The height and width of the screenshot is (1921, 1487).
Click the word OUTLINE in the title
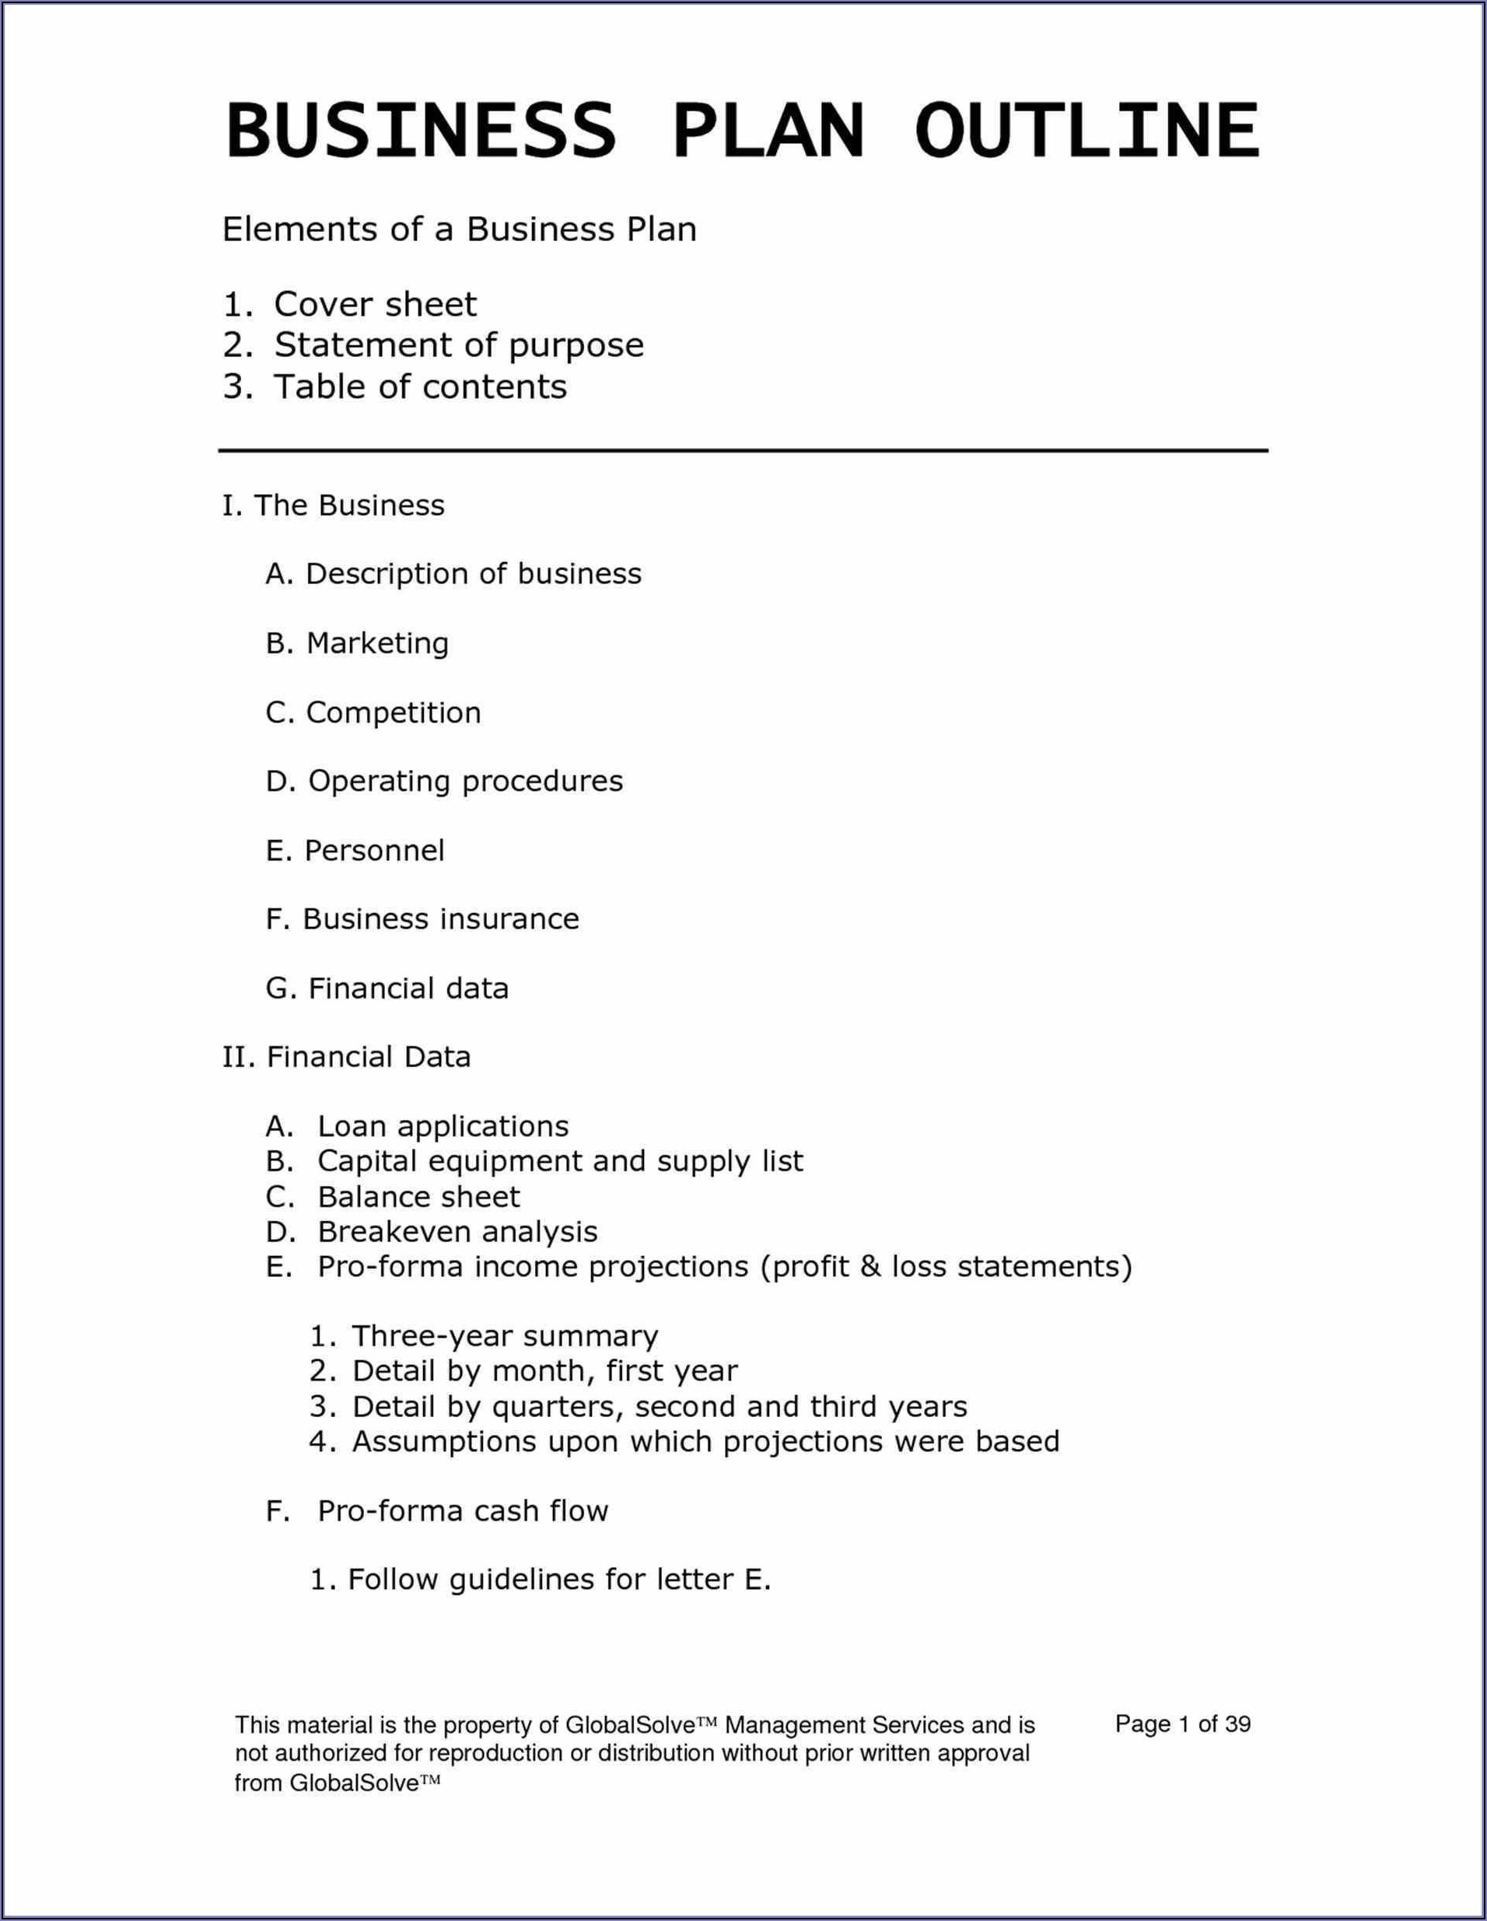tap(1087, 130)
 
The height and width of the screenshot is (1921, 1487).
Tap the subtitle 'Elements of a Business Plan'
tap(459, 229)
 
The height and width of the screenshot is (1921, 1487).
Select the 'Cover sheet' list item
tap(375, 304)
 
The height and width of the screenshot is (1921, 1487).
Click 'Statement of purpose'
tap(458, 345)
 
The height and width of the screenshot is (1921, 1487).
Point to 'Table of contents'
tap(420, 386)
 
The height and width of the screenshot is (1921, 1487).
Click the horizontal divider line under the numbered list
tap(743, 451)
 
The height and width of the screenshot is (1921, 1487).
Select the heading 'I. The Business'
tap(334, 506)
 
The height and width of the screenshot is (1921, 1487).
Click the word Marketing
tap(377, 644)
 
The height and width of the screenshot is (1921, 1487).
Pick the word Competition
tap(393, 712)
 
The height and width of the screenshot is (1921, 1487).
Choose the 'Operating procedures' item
tap(465, 781)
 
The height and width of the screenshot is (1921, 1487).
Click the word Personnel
tap(375, 851)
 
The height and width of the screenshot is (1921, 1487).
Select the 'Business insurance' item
tap(440, 919)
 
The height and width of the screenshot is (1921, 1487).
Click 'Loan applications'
tap(443, 1126)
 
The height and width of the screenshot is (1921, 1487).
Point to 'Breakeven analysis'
tap(457, 1231)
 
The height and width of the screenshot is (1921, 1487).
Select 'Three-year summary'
tap(505, 1336)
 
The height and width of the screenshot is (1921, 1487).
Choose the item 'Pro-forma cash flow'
tap(463, 1511)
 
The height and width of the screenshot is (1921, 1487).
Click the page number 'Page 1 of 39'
tap(1183, 1724)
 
